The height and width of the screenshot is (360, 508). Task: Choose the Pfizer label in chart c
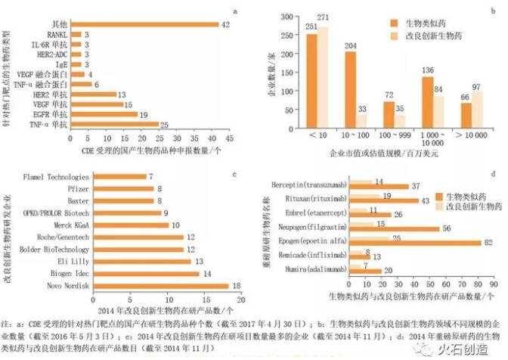tap(79, 188)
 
